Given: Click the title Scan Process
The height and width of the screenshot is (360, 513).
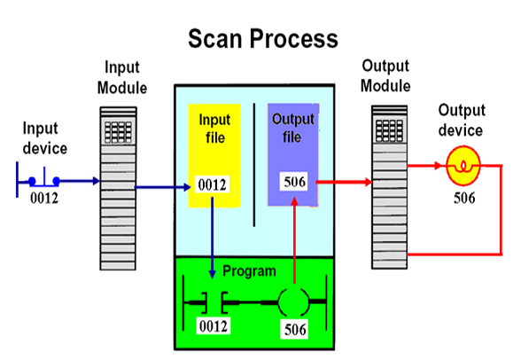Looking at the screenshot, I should [262, 39].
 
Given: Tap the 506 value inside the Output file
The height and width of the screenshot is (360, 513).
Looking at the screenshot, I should [293, 183].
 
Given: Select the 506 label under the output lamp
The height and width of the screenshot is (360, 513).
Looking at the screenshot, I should [463, 198].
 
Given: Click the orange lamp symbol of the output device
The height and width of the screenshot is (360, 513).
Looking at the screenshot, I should [462, 165].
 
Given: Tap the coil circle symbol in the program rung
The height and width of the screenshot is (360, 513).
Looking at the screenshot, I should [293, 302].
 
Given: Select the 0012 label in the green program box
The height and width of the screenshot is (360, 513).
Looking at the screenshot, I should [213, 327].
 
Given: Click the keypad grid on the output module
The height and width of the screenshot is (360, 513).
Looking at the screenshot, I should [387, 128].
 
